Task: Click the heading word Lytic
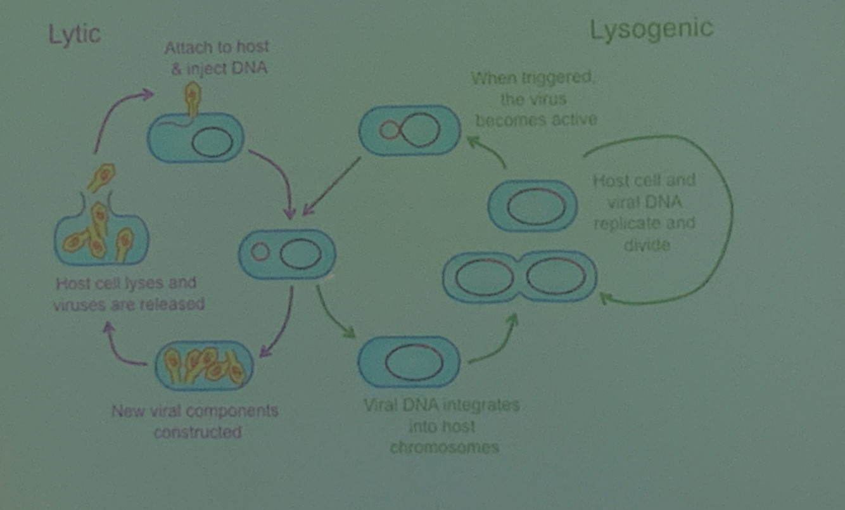(x=74, y=34)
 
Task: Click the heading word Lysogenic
(x=651, y=30)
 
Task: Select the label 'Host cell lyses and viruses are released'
(x=129, y=293)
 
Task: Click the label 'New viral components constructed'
(x=196, y=421)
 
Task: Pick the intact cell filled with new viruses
(x=204, y=366)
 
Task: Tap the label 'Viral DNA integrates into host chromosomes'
(x=442, y=426)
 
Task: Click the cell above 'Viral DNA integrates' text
(x=409, y=362)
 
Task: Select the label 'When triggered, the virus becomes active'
(x=535, y=99)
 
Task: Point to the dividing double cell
(x=519, y=277)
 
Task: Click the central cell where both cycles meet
(x=287, y=254)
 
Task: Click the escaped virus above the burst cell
(x=101, y=177)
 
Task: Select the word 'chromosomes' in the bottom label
(x=444, y=447)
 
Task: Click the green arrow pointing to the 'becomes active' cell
(x=488, y=152)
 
